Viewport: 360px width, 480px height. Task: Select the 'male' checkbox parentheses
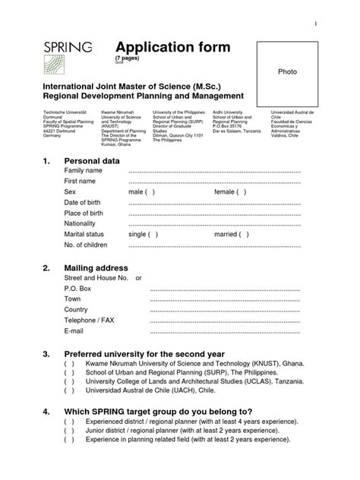point(150,192)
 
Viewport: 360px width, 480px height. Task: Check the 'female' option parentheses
point(241,192)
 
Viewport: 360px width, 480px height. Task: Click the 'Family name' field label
point(84,172)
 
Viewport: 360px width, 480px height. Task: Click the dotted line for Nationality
point(215,225)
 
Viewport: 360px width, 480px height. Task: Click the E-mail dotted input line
point(226,331)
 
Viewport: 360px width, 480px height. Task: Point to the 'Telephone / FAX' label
point(90,321)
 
